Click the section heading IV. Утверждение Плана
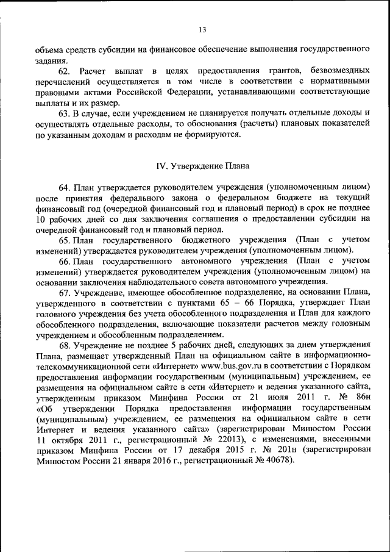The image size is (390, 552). pyautogui.click(x=202, y=165)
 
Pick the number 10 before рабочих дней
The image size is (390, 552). pyautogui.click(x=41, y=218)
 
